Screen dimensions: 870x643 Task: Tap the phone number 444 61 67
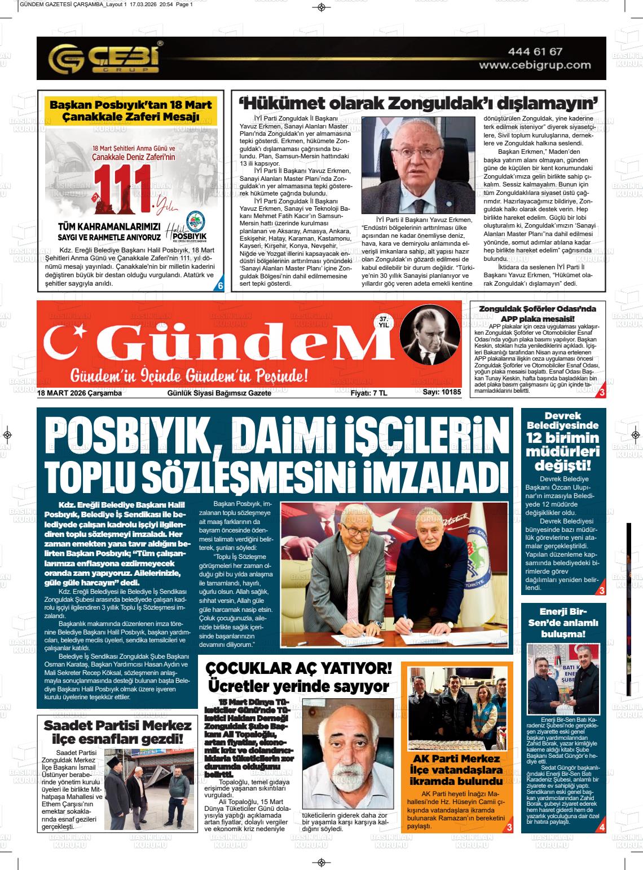point(535,51)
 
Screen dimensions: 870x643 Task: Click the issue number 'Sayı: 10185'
point(442,393)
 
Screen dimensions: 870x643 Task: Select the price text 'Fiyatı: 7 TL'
point(368,393)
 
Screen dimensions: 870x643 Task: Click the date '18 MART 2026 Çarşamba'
point(80,393)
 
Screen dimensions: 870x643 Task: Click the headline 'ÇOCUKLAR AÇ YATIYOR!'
point(298,668)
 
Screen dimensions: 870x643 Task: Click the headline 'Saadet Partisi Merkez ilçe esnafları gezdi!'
point(117,731)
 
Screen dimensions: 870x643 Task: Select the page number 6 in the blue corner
point(221,286)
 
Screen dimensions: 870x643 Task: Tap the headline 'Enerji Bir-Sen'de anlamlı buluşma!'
point(562,623)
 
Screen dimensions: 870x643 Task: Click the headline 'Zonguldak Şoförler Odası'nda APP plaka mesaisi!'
point(537,313)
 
